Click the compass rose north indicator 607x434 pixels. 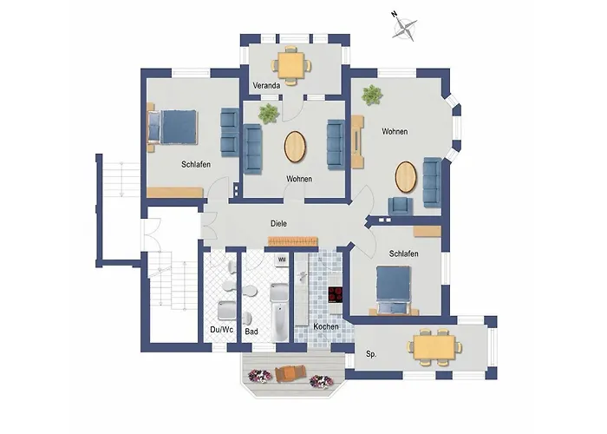coord(405,27)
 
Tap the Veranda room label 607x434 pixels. coord(266,86)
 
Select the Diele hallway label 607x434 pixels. coord(278,224)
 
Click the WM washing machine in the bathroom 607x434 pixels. coord(282,260)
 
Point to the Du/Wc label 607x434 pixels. coord(221,330)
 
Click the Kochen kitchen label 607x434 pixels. coord(326,326)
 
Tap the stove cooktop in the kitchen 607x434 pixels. coord(336,294)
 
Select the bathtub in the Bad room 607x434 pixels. coord(279,322)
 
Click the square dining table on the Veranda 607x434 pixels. coord(291,65)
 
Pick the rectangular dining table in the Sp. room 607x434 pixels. coord(434,347)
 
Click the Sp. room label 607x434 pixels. coord(371,354)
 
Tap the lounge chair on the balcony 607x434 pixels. coord(290,373)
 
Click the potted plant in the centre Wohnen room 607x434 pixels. coord(268,114)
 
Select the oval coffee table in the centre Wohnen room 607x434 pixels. coord(295,148)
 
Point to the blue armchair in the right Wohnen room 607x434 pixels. coord(401,206)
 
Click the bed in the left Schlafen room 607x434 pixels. coord(173,127)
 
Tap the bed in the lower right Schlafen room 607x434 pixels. coord(394,288)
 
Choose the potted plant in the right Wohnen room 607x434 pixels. coord(372,95)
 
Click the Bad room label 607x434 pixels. coord(251,332)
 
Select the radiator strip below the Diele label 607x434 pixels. coord(293,241)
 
